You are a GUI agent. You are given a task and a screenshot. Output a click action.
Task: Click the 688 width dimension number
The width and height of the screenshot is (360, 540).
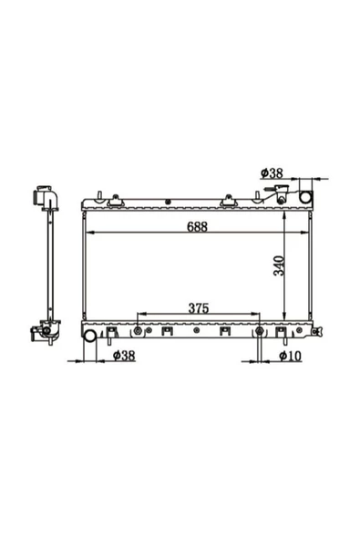197,226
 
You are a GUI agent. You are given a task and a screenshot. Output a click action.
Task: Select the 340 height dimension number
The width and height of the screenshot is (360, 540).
279,265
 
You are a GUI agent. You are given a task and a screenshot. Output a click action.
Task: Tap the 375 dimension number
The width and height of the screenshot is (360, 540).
199,308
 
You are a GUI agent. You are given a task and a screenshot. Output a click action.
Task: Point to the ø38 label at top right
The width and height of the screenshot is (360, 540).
272,173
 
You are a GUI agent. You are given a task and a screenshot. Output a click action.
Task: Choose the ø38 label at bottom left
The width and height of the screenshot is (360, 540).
124,355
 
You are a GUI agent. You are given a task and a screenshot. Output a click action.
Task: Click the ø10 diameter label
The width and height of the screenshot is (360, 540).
290,356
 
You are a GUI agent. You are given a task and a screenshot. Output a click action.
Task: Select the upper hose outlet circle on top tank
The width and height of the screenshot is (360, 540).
305,197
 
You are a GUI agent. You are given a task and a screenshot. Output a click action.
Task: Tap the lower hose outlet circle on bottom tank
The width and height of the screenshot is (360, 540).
90,336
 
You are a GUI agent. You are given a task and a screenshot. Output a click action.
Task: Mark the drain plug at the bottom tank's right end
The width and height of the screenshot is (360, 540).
317,331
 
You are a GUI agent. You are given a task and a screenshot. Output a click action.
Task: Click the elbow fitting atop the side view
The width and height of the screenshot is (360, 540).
46,198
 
